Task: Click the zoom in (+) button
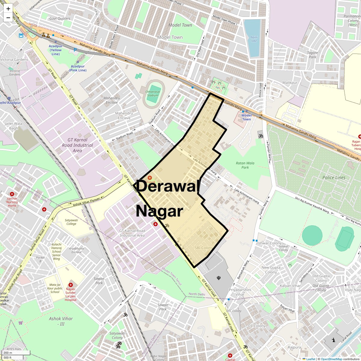tap(8, 9)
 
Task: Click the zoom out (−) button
tap(8, 18)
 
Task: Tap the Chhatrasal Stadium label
tap(153, 93)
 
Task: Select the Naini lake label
tap(254, 39)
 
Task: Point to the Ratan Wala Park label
tap(245, 165)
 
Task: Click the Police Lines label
tap(334, 177)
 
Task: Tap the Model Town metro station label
tap(246, 117)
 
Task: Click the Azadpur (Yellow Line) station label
tap(56, 50)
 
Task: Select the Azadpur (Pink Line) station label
tap(78, 68)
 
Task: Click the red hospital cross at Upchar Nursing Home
tap(12, 194)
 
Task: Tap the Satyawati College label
tap(71, 222)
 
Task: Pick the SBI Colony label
tap(203, 248)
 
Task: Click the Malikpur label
tap(290, 82)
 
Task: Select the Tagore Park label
tap(312, 55)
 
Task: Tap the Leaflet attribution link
tap(310, 359)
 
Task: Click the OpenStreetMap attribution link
tap(331, 359)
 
